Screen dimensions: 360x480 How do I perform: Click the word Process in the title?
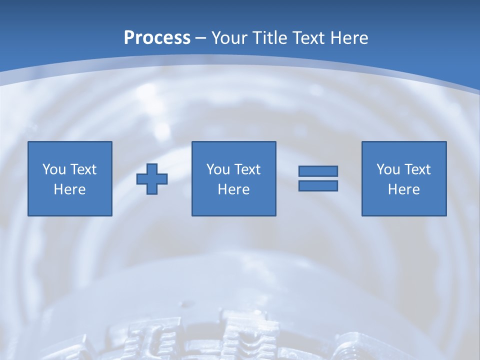pyautogui.click(x=157, y=37)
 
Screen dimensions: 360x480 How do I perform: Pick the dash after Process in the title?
pyautogui.click(x=201, y=38)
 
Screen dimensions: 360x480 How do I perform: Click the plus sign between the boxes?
pyautogui.click(x=152, y=178)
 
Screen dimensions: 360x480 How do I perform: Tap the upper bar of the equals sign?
pyautogui.click(x=318, y=171)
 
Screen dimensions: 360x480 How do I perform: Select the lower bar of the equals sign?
pyautogui.click(x=318, y=185)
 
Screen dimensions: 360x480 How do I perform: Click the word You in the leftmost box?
pyautogui.click(x=54, y=169)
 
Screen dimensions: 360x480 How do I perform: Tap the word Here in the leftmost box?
pyautogui.click(x=70, y=189)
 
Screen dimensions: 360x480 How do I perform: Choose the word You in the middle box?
pyautogui.click(x=218, y=169)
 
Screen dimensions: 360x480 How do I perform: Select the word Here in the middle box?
pyautogui.click(x=234, y=189)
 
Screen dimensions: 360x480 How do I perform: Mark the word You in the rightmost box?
pyautogui.click(x=388, y=169)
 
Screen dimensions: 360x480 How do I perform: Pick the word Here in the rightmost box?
pyautogui.click(x=404, y=189)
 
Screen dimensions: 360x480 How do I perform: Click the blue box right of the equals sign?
pyautogui.click(x=404, y=205)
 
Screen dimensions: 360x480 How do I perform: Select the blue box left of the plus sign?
pyautogui.click(x=70, y=205)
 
